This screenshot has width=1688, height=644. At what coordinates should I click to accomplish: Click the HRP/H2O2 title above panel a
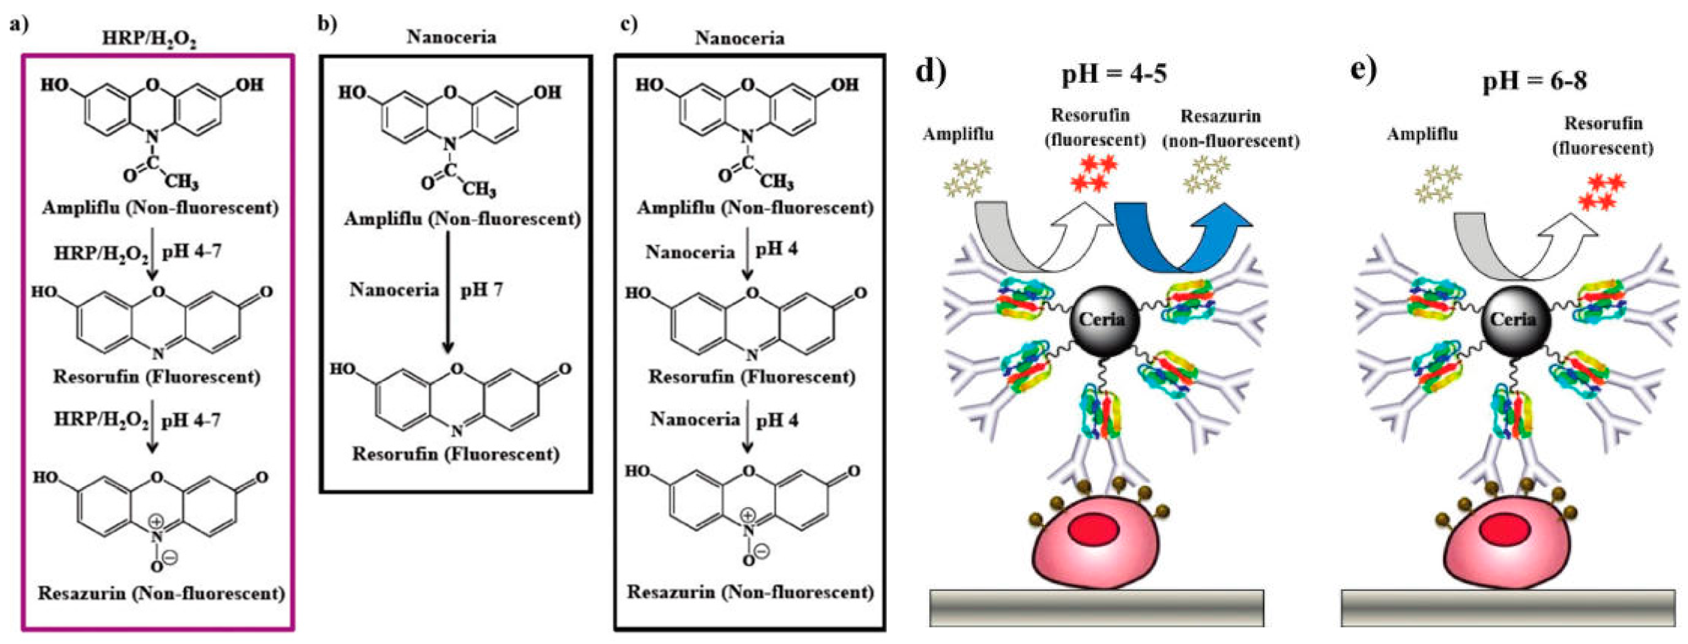pyautogui.click(x=150, y=39)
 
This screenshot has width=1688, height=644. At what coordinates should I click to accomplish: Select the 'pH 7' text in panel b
pyautogui.click(x=481, y=290)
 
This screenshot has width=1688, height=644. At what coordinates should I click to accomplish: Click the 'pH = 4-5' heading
pyautogui.click(x=1114, y=74)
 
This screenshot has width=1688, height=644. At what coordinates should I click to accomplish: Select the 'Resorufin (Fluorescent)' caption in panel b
pyautogui.click(x=456, y=454)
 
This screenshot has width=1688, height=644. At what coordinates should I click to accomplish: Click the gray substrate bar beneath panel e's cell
pyautogui.click(x=1507, y=608)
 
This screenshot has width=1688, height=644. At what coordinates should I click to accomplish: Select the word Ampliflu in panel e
pyautogui.click(x=1422, y=134)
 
